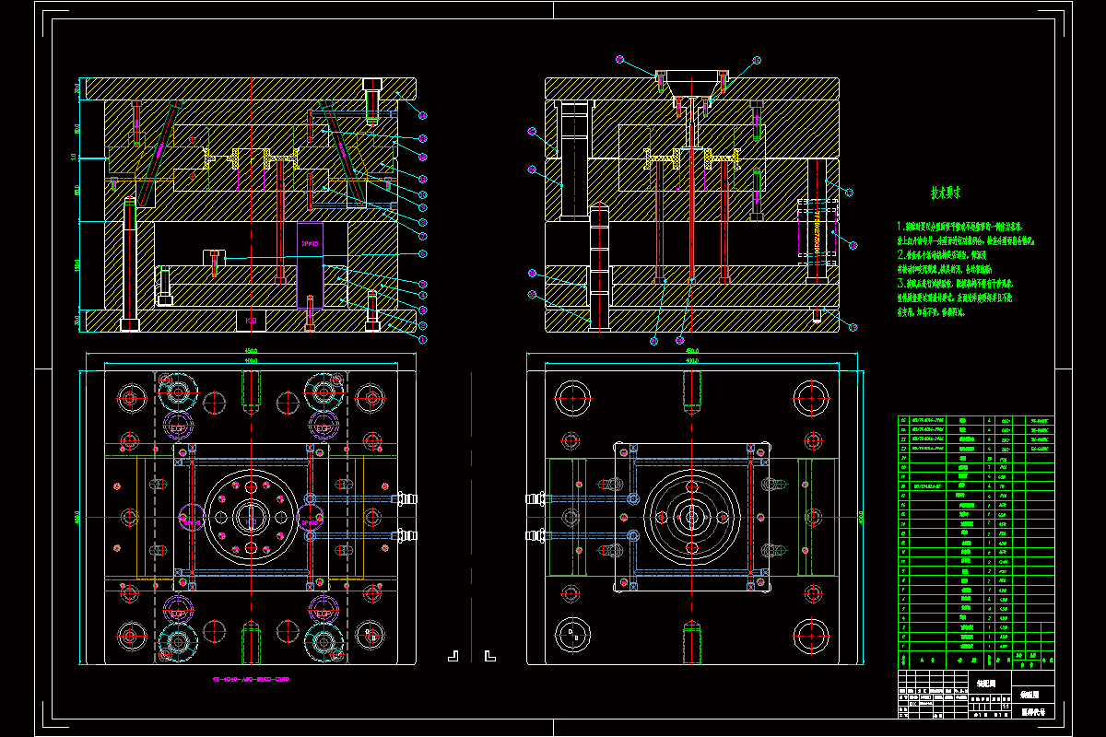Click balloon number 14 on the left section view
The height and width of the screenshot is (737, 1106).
coord(423,114)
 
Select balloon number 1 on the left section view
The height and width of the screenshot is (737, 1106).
coord(423,339)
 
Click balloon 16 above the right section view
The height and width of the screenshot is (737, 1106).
coord(758,60)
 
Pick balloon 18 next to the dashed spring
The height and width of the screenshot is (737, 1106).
coord(850,193)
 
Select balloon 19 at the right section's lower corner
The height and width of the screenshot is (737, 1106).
coord(853,326)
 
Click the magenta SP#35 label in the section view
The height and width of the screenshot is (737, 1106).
coord(310,244)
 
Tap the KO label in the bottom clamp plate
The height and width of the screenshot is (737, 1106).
coord(251,321)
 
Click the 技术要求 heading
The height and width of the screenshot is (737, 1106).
coord(945,194)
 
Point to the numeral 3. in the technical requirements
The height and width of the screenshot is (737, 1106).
coord(900,285)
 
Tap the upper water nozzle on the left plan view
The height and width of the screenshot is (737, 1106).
coord(404,499)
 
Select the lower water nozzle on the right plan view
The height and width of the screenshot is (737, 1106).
coord(535,535)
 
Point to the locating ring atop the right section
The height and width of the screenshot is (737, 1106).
coord(689,77)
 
